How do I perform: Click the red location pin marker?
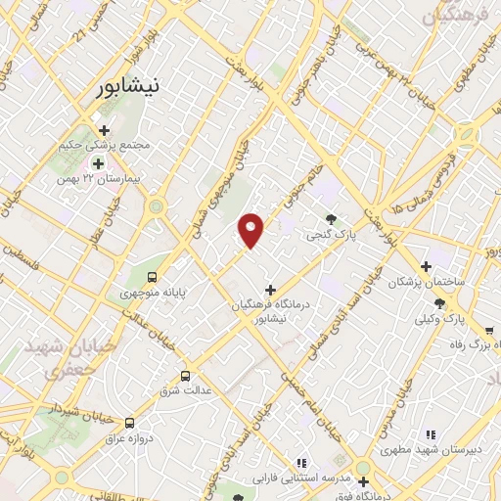[252, 231]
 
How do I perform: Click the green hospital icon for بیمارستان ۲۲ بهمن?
[96, 162]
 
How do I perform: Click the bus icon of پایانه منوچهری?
[151, 275]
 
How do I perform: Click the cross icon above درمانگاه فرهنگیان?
[271, 290]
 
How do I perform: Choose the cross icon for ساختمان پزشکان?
[426, 265]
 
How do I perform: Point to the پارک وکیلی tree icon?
[439, 302]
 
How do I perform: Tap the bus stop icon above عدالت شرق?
[185, 375]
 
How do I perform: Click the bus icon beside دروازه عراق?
[129, 423]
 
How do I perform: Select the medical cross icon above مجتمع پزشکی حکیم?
[104, 129]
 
